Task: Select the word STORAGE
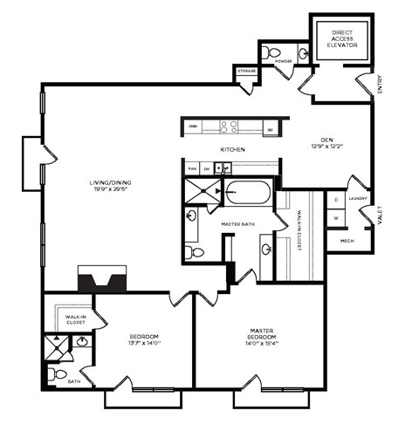click(246, 71)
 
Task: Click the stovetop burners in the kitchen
click(230, 127)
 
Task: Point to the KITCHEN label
click(231, 150)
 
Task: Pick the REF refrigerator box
click(270, 127)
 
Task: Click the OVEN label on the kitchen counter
click(193, 127)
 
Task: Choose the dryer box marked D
click(336, 200)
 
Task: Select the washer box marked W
click(336, 218)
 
